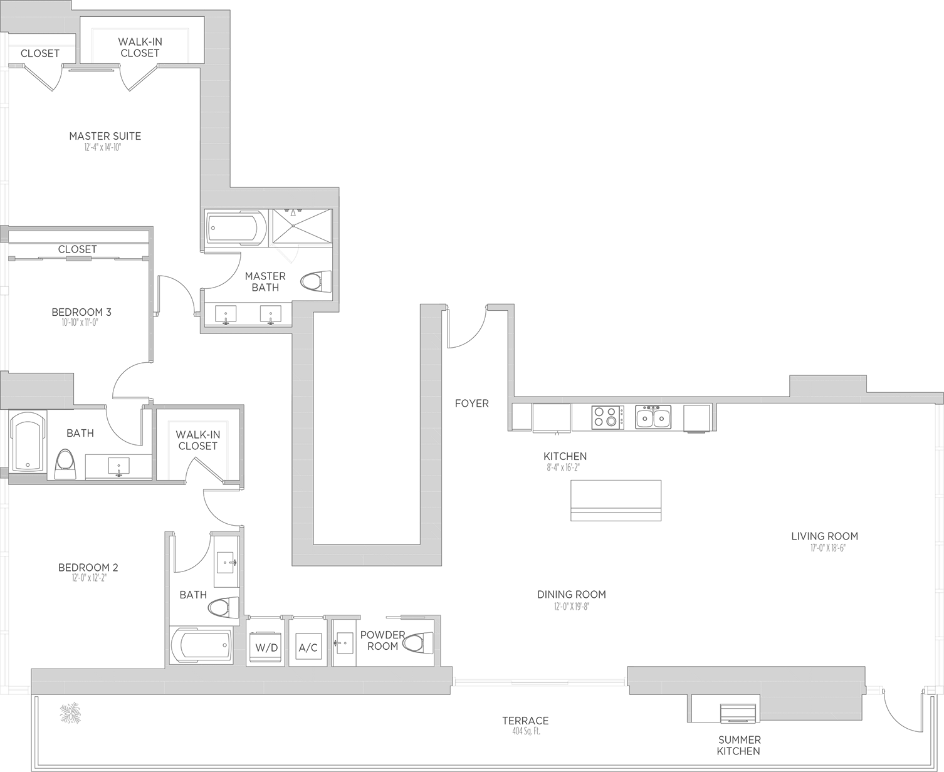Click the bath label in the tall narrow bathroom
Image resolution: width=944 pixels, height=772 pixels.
[194, 593]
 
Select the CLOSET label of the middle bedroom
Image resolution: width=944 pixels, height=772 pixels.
[76, 249]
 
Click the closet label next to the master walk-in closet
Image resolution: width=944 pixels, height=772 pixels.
[39, 56]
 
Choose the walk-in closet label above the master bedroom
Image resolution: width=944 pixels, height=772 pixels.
[140, 48]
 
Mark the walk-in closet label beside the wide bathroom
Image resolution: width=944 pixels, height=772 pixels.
[197, 442]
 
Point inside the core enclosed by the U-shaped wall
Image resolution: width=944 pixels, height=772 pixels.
[367, 426]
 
